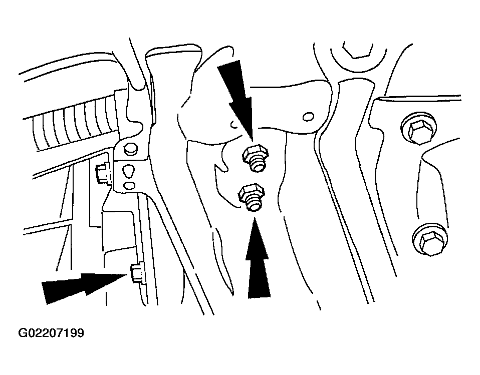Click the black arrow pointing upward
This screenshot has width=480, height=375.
point(258,257)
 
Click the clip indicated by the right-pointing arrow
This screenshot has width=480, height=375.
point(137,272)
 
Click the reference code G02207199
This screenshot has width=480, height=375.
point(51,333)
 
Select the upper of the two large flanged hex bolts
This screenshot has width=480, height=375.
point(418,129)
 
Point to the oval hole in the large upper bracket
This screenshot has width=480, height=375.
point(308,117)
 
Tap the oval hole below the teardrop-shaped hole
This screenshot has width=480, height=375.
point(129,185)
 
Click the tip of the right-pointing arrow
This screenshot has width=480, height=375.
point(127,275)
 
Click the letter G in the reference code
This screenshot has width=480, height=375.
point(23,333)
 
